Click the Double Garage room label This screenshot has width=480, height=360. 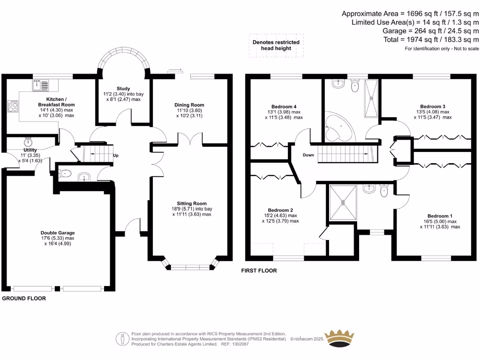[58, 232]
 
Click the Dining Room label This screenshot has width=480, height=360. [189, 105]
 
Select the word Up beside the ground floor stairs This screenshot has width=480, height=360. [115, 155]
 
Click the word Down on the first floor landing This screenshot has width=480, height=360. [308, 155]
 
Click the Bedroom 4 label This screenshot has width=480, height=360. [284, 106]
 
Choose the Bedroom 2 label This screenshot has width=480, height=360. [280, 210]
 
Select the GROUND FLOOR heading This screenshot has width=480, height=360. [24, 298]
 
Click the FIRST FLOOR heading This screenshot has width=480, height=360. [259, 270]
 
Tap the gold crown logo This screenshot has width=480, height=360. [345, 337]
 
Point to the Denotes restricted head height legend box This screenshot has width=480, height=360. [276, 45]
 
